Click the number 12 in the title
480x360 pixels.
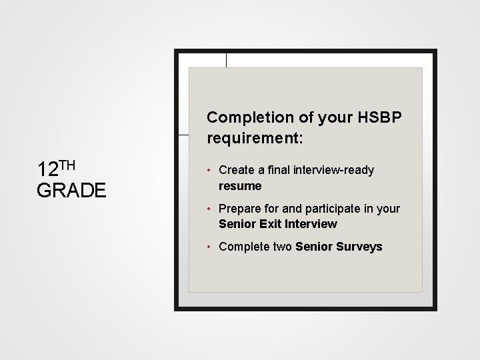click(48, 169)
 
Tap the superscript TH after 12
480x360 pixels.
click(67, 165)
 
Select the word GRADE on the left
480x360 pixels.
click(71, 190)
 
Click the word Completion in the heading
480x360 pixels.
click(250, 117)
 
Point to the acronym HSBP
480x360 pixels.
click(379, 117)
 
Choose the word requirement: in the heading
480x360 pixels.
click(255, 138)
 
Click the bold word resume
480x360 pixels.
click(240, 186)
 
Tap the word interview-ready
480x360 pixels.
click(334, 170)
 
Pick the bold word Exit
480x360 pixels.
click(269, 224)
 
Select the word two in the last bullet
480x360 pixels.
click(282, 247)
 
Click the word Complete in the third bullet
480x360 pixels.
click(244, 247)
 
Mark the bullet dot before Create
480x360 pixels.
click(209, 170)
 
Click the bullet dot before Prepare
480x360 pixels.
click(209, 209)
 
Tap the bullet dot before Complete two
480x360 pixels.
click(209, 247)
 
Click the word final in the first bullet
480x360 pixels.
click(279, 170)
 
